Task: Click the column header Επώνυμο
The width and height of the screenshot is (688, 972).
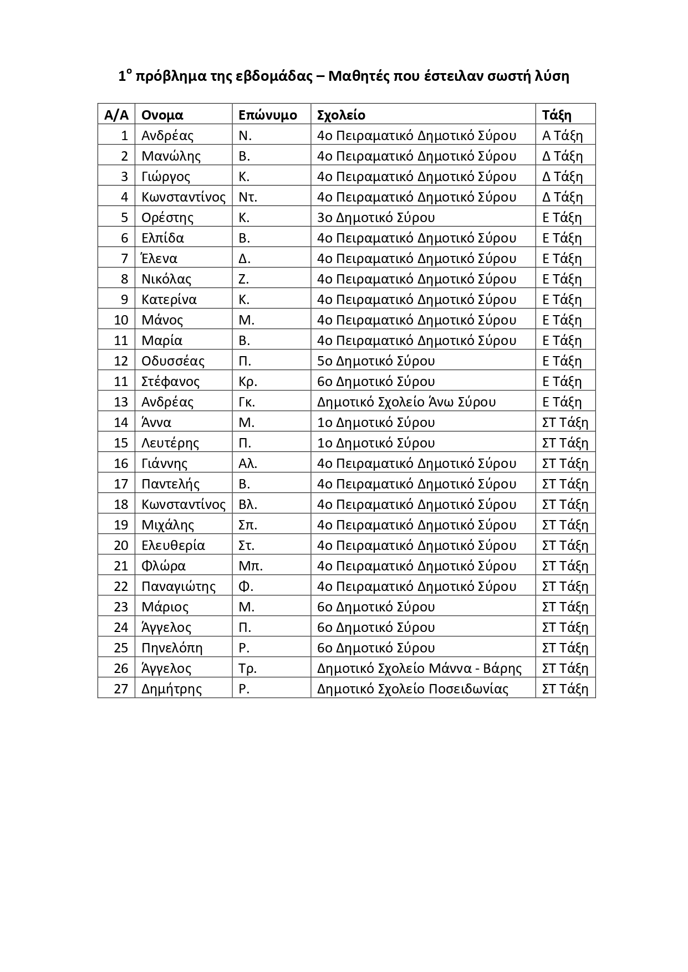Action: pos(267,115)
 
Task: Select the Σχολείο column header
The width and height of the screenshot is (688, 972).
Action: pos(341,115)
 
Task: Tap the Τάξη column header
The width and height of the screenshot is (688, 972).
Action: pos(557,115)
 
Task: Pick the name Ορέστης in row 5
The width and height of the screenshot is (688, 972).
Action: pos(167,218)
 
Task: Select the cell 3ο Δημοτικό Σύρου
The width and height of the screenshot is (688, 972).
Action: pos(376,218)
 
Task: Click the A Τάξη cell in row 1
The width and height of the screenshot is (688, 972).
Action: pos(562,136)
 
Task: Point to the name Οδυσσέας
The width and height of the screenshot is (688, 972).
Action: pos(173,361)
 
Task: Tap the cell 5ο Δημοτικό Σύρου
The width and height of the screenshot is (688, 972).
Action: pos(376,361)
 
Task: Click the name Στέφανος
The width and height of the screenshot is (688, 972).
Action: pos(170,382)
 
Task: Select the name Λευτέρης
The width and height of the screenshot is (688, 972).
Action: pos(170,443)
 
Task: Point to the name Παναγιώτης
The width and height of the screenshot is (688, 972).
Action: pos(179,587)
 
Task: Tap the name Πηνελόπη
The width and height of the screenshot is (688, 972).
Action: pos(172,648)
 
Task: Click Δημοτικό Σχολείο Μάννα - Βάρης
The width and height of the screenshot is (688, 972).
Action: pos(419,668)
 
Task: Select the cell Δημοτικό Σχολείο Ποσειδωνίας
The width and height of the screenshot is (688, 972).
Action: pos(412,689)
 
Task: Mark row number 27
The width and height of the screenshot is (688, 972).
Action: pos(121,689)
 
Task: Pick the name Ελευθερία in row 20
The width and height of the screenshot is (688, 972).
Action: pos(173,546)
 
